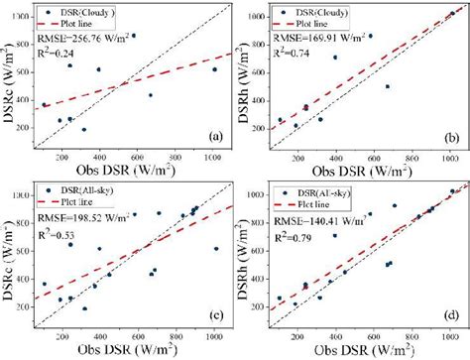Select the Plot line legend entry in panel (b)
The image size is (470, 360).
pos(322,30)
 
